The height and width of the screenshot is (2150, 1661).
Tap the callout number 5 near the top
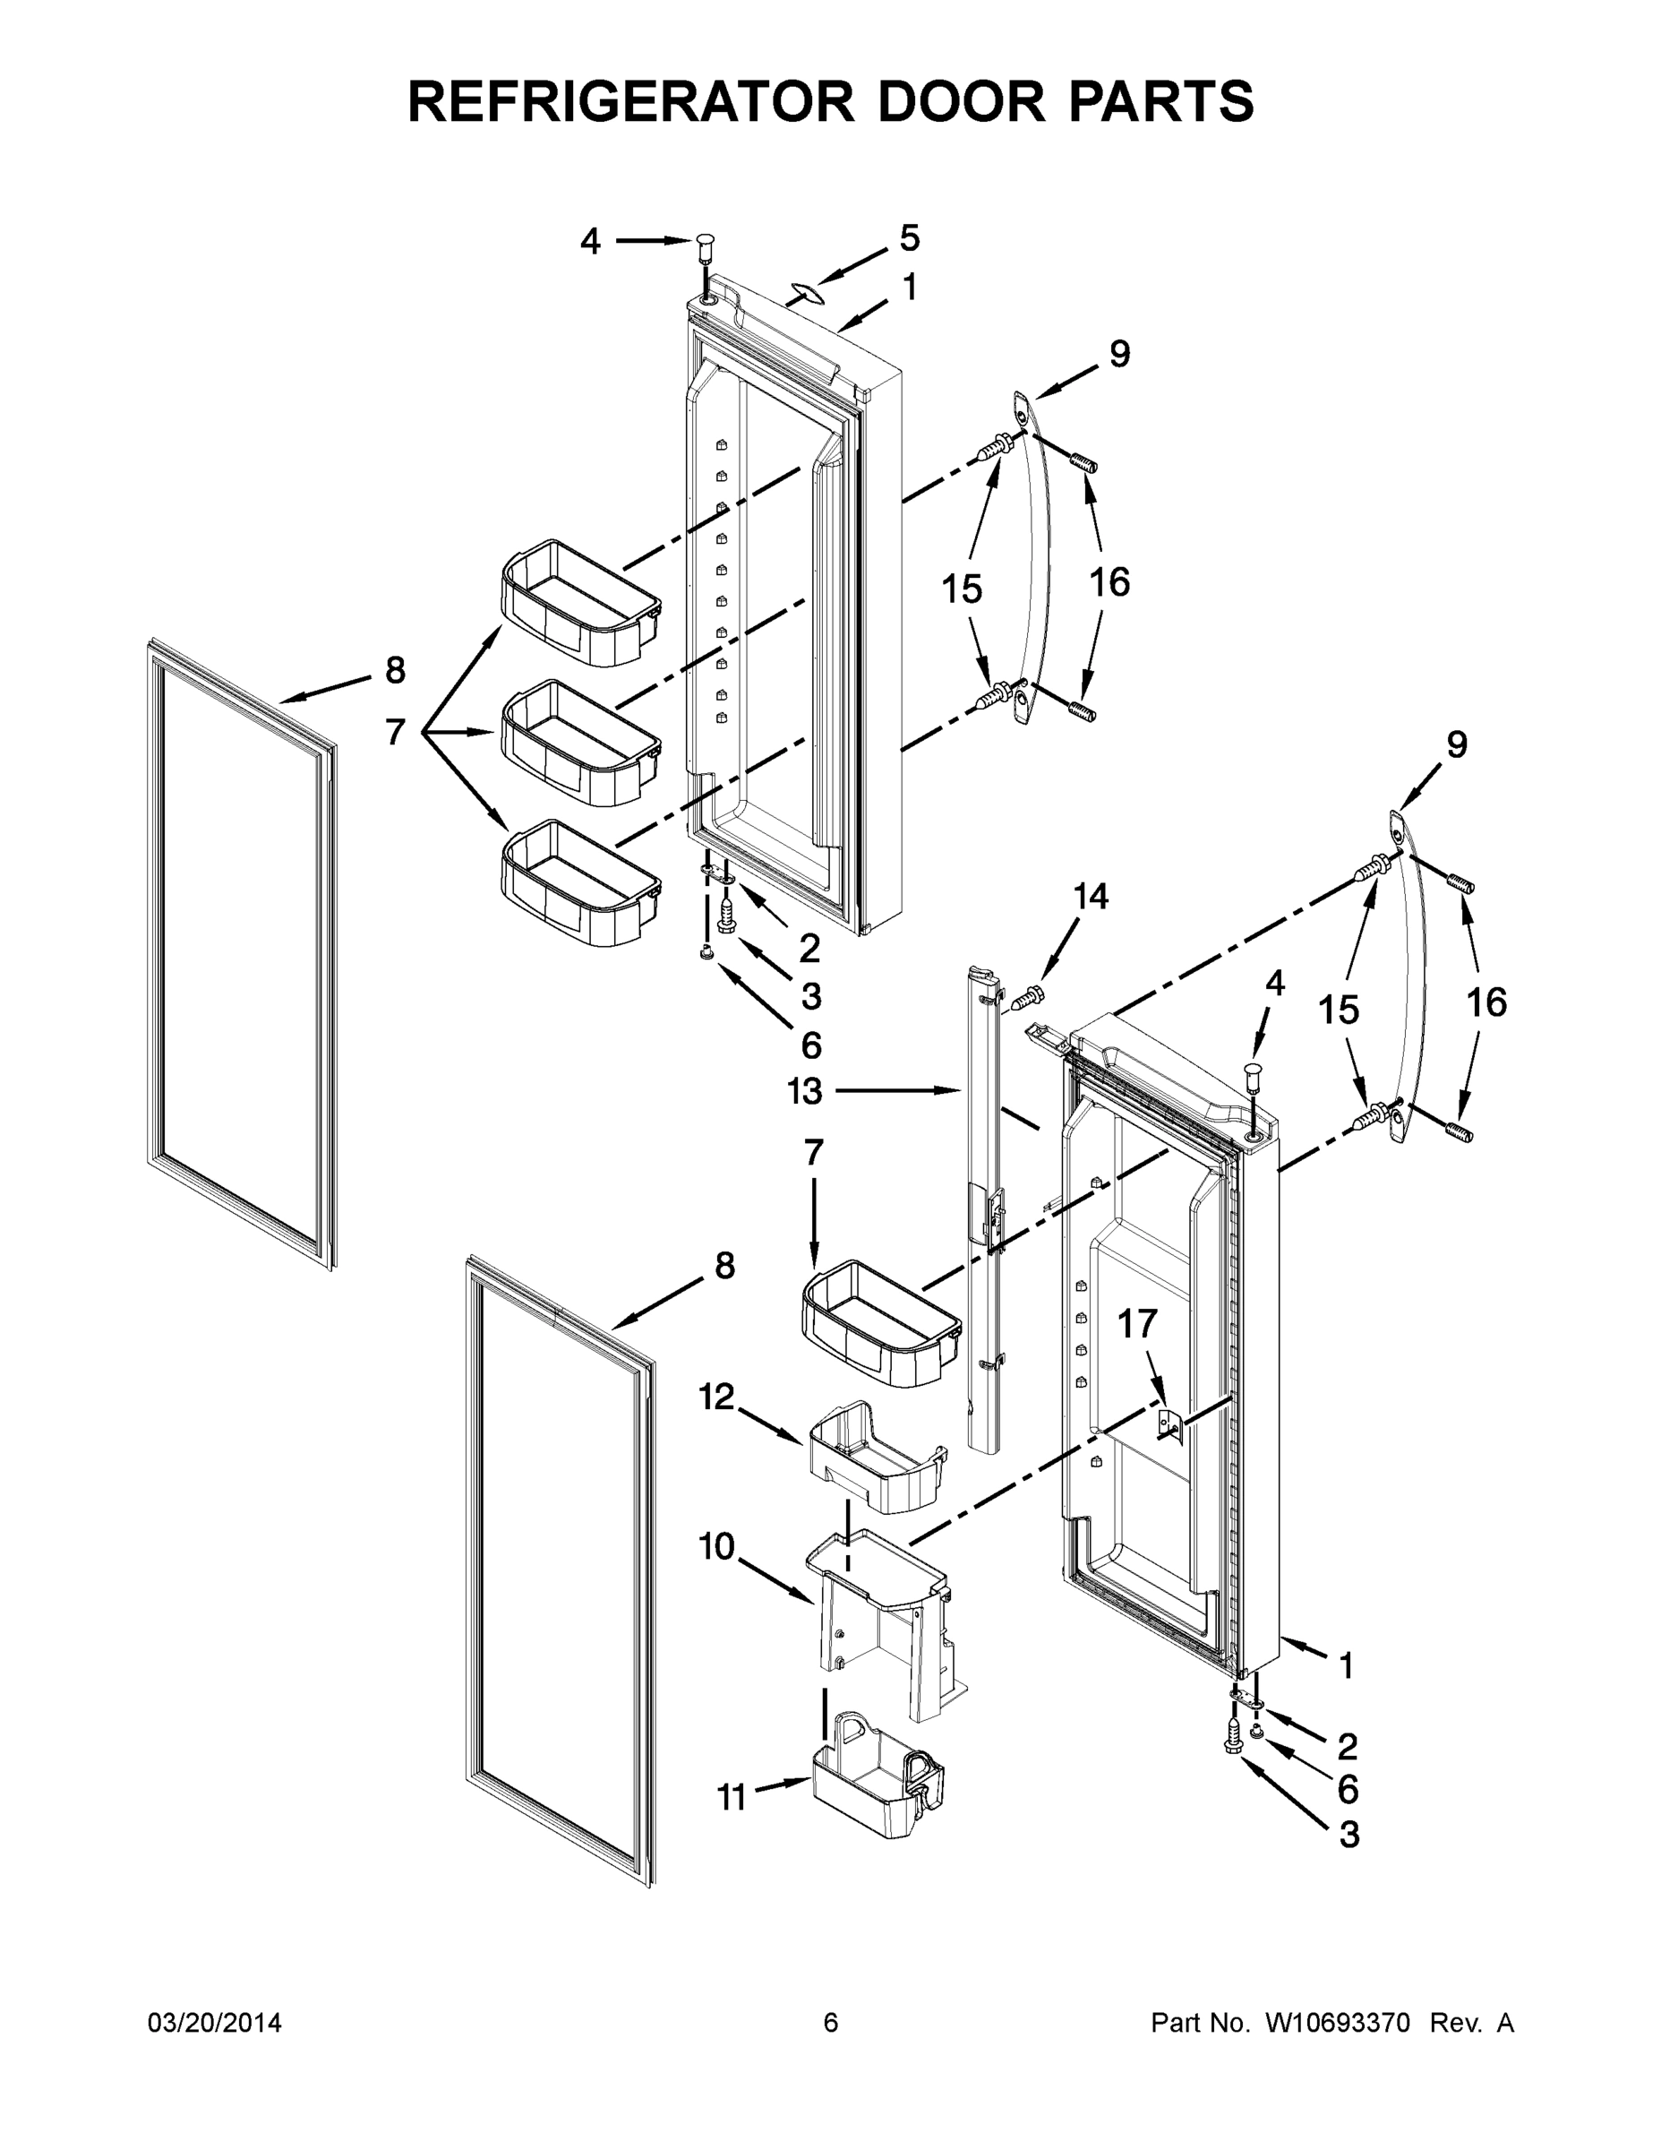[909, 238]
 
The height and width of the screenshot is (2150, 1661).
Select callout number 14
[1091, 896]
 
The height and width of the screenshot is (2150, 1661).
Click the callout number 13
[804, 1091]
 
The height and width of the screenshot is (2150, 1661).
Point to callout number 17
[1136, 1324]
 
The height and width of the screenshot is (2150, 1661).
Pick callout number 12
[716, 1396]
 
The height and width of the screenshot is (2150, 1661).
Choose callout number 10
[716, 1546]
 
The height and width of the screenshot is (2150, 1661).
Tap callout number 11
[732, 1799]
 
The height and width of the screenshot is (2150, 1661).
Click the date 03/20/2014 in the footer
[215, 2023]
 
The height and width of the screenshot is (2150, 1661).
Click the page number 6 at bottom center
[831, 2023]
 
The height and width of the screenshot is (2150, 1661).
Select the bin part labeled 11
[876, 1782]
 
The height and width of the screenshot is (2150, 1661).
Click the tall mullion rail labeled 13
[984, 1211]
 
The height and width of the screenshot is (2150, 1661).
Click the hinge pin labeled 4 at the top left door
[706, 246]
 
